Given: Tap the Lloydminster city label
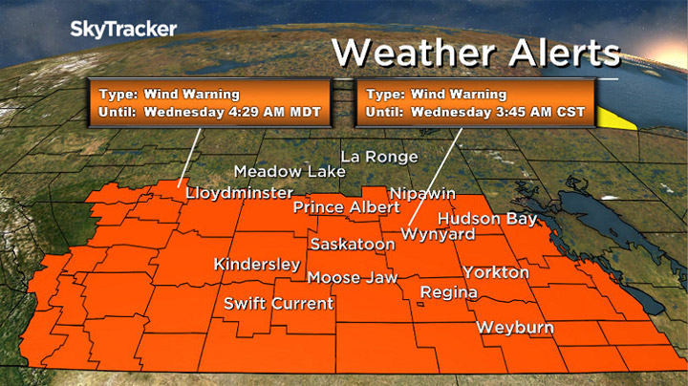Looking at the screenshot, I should [x=239, y=193].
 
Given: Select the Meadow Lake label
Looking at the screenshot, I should [x=277, y=171].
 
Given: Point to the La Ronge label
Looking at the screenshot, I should [x=380, y=157].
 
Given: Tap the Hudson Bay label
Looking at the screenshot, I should [x=487, y=219].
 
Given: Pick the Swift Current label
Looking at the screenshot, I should [x=278, y=304].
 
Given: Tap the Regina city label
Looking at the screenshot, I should [x=443, y=291].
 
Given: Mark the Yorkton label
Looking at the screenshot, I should [x=495, y=272].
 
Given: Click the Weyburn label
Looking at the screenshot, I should [x=516, y=327].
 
